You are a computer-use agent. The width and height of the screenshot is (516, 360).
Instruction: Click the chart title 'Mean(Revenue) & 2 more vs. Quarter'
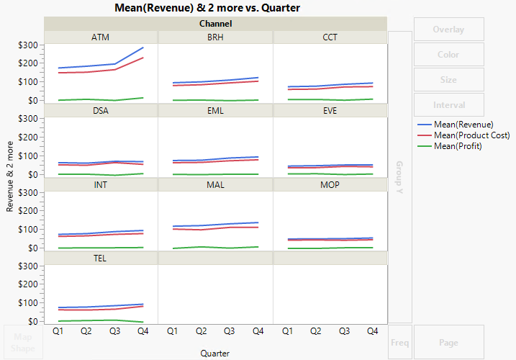207,8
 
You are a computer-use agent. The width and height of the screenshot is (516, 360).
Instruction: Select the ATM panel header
101,37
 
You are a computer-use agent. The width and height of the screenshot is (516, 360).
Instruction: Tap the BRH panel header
215,37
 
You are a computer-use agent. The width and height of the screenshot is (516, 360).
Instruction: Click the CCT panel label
330,37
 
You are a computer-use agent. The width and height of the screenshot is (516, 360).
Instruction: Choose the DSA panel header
101,111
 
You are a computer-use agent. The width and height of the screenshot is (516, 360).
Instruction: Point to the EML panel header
215,111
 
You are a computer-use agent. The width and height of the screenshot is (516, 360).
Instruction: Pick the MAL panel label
215,184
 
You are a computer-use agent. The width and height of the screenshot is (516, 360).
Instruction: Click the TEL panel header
101,258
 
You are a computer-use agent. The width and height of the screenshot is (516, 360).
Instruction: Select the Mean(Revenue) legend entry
463,125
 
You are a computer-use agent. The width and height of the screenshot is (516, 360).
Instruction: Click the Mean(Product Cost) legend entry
471,135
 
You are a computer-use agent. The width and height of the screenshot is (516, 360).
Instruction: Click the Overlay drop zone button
448,30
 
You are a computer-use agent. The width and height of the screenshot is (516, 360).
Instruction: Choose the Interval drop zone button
448,104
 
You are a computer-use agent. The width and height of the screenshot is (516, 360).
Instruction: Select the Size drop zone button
448,79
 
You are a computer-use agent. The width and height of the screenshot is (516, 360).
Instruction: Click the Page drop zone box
448,343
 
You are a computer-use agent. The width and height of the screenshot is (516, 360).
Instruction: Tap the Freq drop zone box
400,343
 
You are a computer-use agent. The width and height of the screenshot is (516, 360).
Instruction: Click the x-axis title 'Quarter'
215,353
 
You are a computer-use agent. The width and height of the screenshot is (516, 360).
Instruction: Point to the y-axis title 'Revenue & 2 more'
10,176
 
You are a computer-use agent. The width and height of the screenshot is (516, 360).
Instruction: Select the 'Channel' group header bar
215,24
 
